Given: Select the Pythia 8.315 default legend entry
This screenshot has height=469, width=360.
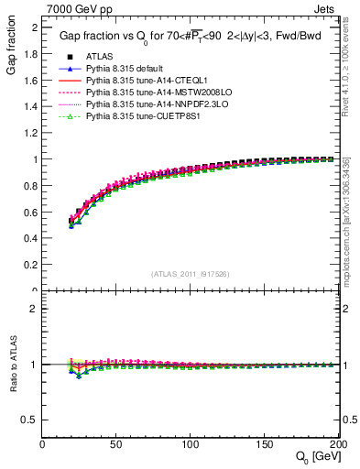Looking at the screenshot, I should [124, 71].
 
